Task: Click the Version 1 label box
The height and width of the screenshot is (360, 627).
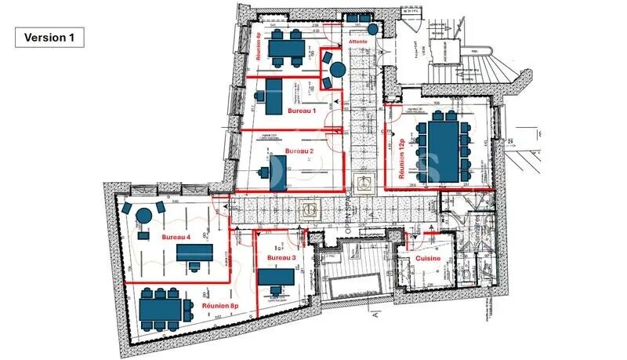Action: pyautogui.click(x=49, y=38)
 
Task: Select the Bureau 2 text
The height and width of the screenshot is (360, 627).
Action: pyautogui.click(x=299, y=151)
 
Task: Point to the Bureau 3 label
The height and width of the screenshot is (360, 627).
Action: pyautogui.click(x=281, y=257)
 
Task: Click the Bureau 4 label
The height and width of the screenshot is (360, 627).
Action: pyautogui.click(x=176, y=236)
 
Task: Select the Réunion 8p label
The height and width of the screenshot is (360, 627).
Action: pyautogui.click(x=219, y=305)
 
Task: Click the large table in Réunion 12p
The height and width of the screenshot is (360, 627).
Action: pyautogui.click(x=444, y=150)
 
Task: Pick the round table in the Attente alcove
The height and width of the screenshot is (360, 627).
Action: pyautogui.click(x=337, y=70)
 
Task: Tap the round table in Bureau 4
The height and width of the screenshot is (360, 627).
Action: pyautogui.click(x=143, y=216)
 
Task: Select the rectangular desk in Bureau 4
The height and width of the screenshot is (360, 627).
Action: pyautogui.click(x=194, y=252)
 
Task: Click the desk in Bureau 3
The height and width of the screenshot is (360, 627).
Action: pyautogui.click(x=276, y=278)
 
